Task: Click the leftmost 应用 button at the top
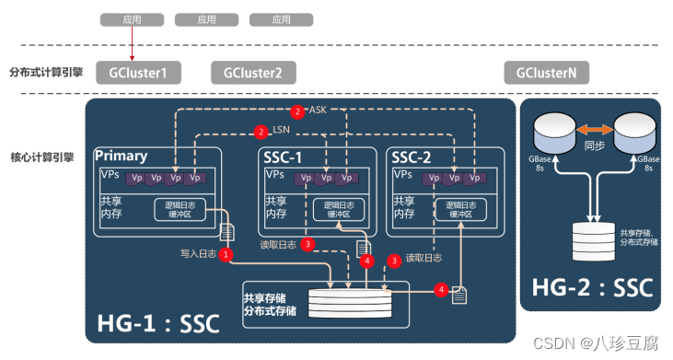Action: tap(132, 18)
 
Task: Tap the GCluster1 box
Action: tap(139, 73)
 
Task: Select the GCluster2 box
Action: tap(247, 73)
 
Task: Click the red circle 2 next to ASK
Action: tap(296, 111)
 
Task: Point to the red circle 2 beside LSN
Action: tap(262, 133)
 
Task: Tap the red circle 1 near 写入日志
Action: tap(225, 253)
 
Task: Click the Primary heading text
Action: tap(122, 157)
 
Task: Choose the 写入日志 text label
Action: tap(196, 254)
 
